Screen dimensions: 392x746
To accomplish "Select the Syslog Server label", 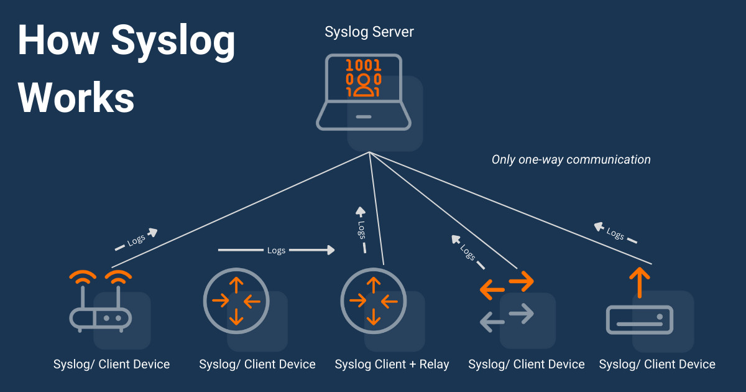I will [x=369, y=32].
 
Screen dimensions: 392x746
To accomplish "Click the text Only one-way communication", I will [x=571, y=159].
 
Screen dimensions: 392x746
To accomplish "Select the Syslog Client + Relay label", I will [x=392, y=364].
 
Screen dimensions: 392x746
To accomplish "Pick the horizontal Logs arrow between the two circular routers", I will [x=276, y=250].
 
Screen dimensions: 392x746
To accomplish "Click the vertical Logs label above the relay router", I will [x=361, y=229].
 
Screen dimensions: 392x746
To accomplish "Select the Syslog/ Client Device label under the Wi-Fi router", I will [x=111, y=364].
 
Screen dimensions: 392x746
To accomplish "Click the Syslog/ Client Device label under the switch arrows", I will [x=526, y=364].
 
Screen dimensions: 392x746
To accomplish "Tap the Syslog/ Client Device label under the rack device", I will [x=657, y=364].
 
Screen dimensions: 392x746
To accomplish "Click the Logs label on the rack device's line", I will [x=615, y=234].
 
